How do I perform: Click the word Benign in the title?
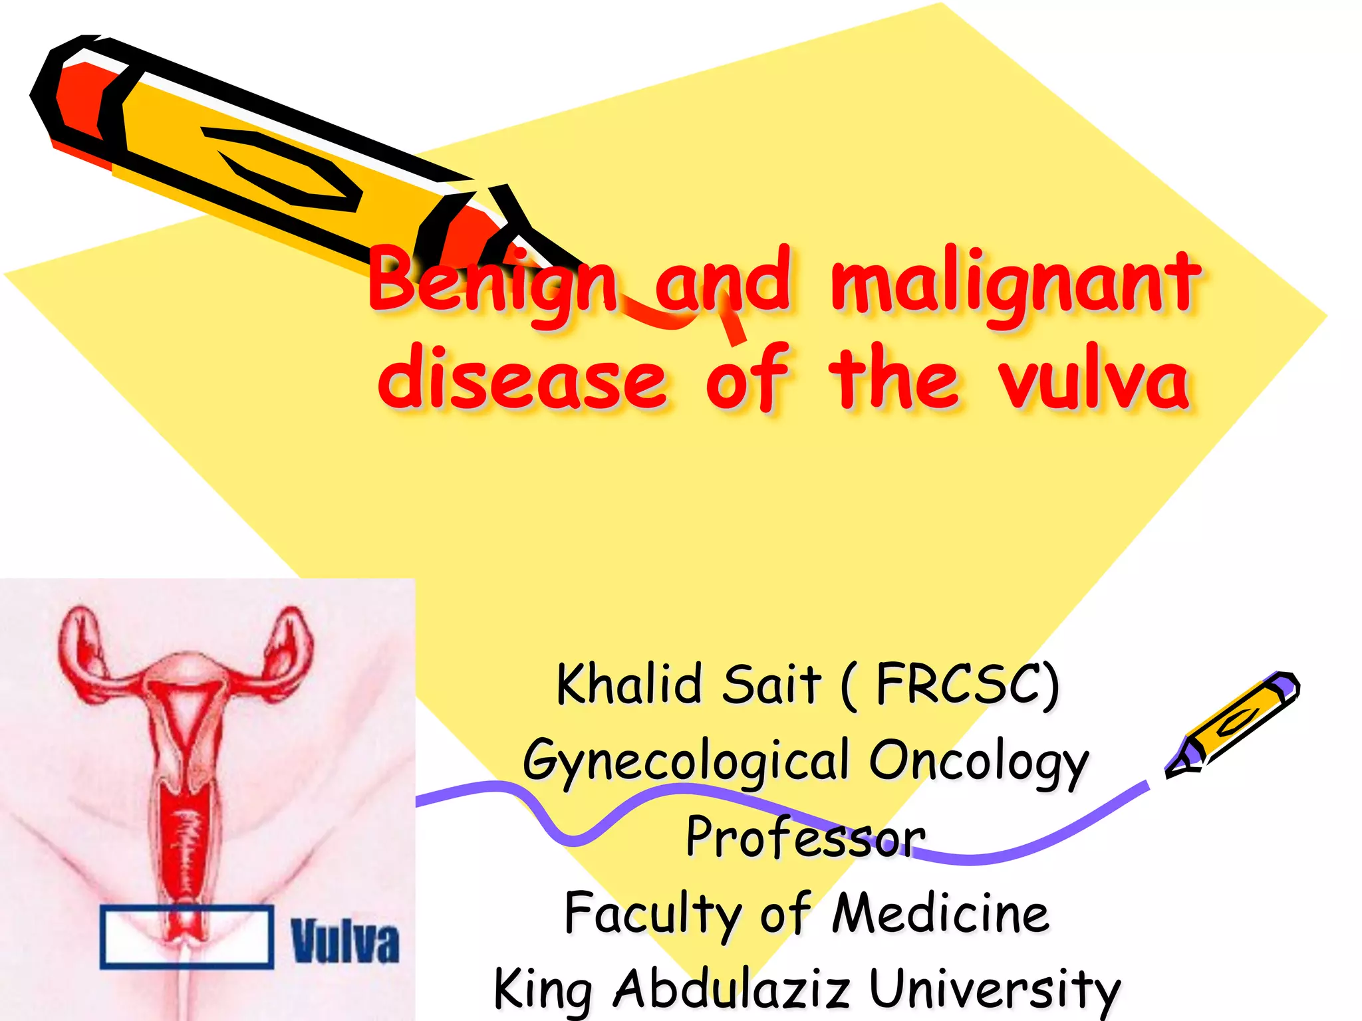492,283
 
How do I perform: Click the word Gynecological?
685,762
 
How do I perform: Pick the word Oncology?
978,762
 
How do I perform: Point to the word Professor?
805,838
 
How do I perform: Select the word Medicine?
940,915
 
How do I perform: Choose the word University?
995,990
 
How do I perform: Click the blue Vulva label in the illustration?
345,941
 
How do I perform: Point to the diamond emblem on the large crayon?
286,166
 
